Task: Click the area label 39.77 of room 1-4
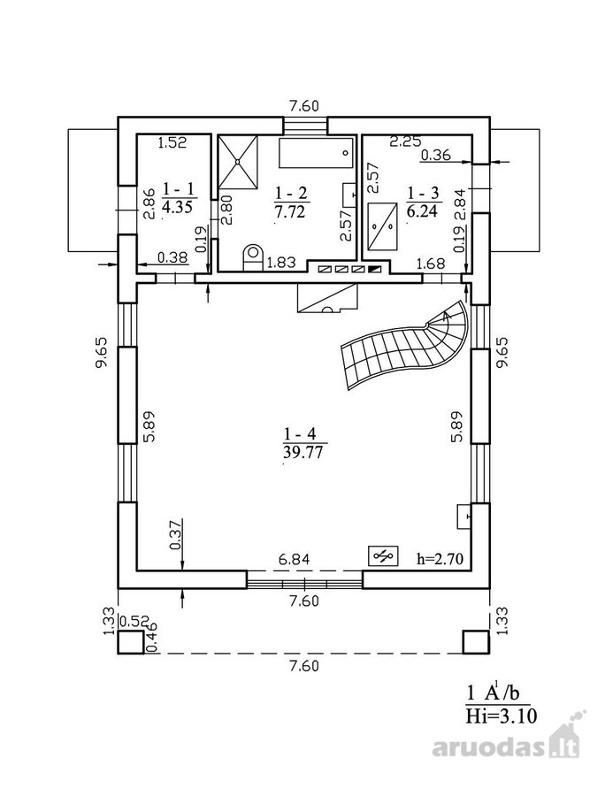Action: coord(303,452)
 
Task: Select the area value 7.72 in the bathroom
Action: coord(290,211)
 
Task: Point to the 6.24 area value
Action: coord(422,210)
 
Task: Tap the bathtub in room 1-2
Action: coord(316,152)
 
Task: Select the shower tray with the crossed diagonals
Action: coord(238,162)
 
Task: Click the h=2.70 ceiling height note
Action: coord(440,560)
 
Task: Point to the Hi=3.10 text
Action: coord(501,716)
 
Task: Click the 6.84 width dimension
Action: coord(294,560)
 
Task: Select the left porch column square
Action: coord(131,643)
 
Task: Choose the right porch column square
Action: coord(477,643)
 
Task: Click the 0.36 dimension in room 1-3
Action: coord(436,154)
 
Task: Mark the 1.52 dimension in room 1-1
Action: coord(172,142)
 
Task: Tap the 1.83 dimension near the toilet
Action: coord(281,263)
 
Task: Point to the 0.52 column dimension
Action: coord(135,622)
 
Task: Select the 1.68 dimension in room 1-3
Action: coord(431,264)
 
